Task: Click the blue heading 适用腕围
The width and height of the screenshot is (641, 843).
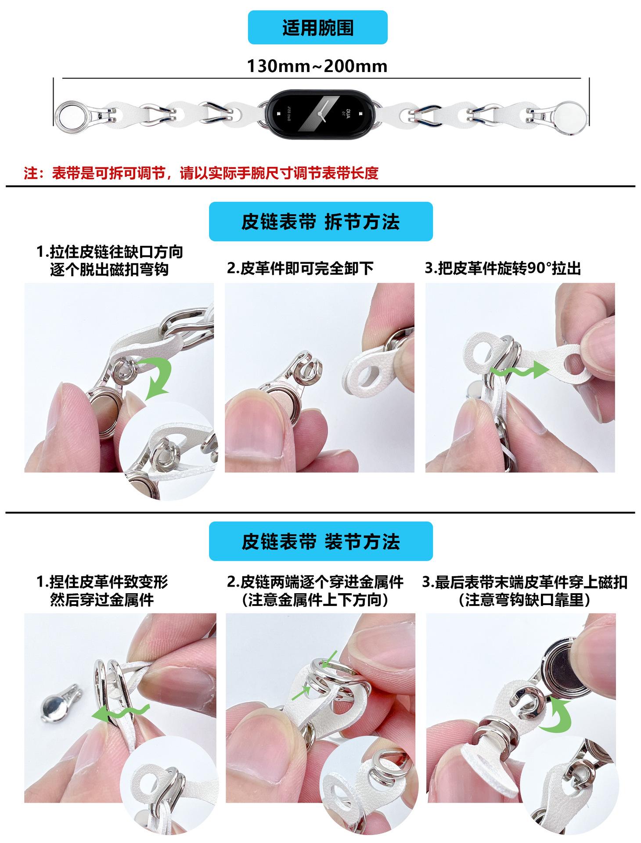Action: [317, 28]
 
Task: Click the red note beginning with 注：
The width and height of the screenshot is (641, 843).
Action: [201, 173]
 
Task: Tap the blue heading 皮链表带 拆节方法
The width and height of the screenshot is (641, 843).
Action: [320, 222]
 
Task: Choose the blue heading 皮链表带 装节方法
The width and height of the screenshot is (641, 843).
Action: [320, 541]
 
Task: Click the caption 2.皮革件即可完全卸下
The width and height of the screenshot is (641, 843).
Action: [300, 268]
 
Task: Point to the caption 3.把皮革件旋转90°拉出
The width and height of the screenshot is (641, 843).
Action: [503, 268]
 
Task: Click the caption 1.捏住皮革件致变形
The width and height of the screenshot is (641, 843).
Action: [102, 582]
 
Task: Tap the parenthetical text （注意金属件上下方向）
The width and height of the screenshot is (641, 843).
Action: [315, 600]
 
